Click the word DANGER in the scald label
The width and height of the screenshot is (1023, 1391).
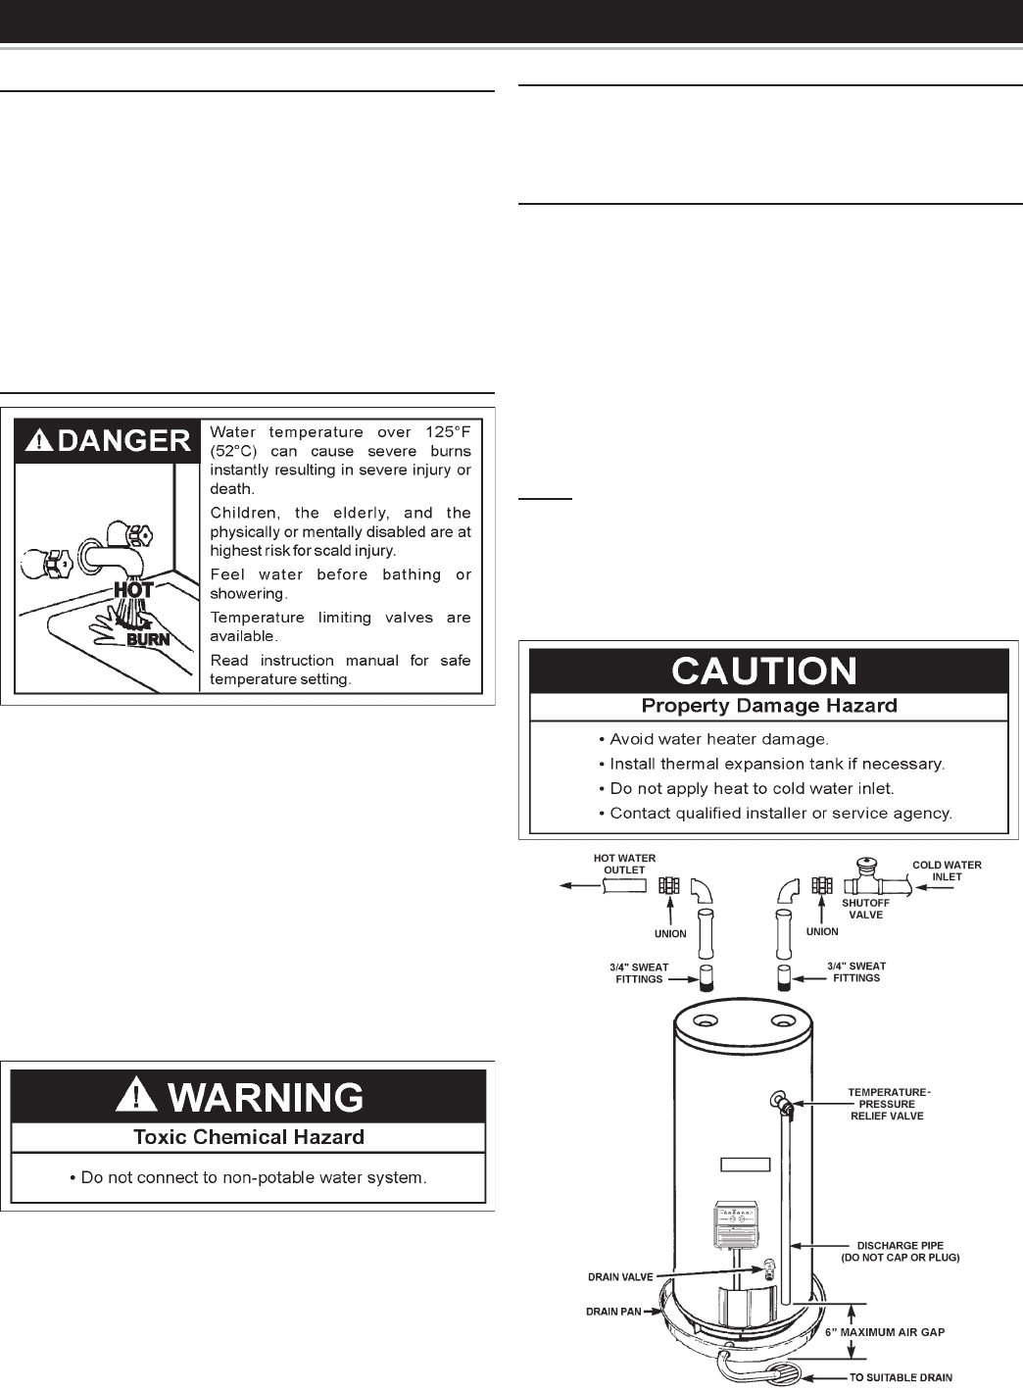point(123,441)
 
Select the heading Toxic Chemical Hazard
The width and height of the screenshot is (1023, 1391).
point(248,1137)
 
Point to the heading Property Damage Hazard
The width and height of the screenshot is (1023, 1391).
point(768,706)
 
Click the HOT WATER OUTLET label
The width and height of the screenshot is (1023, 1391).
point(624,864)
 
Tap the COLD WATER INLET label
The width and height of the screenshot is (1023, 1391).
point(947,870)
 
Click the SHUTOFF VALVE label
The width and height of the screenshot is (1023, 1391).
point(865,909)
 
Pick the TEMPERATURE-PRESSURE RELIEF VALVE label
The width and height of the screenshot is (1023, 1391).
point(887,1104)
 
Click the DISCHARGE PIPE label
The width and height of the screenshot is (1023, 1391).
point(900,1251)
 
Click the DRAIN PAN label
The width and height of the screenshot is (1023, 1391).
point(613,1311)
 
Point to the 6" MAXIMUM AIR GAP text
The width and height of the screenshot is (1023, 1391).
point(885,1332)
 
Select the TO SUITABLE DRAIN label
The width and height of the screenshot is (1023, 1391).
point(900,1377)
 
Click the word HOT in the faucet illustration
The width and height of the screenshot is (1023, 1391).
point(133,591)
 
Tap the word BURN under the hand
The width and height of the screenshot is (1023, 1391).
point(147,639)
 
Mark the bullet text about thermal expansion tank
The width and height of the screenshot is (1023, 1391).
point(776,764)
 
